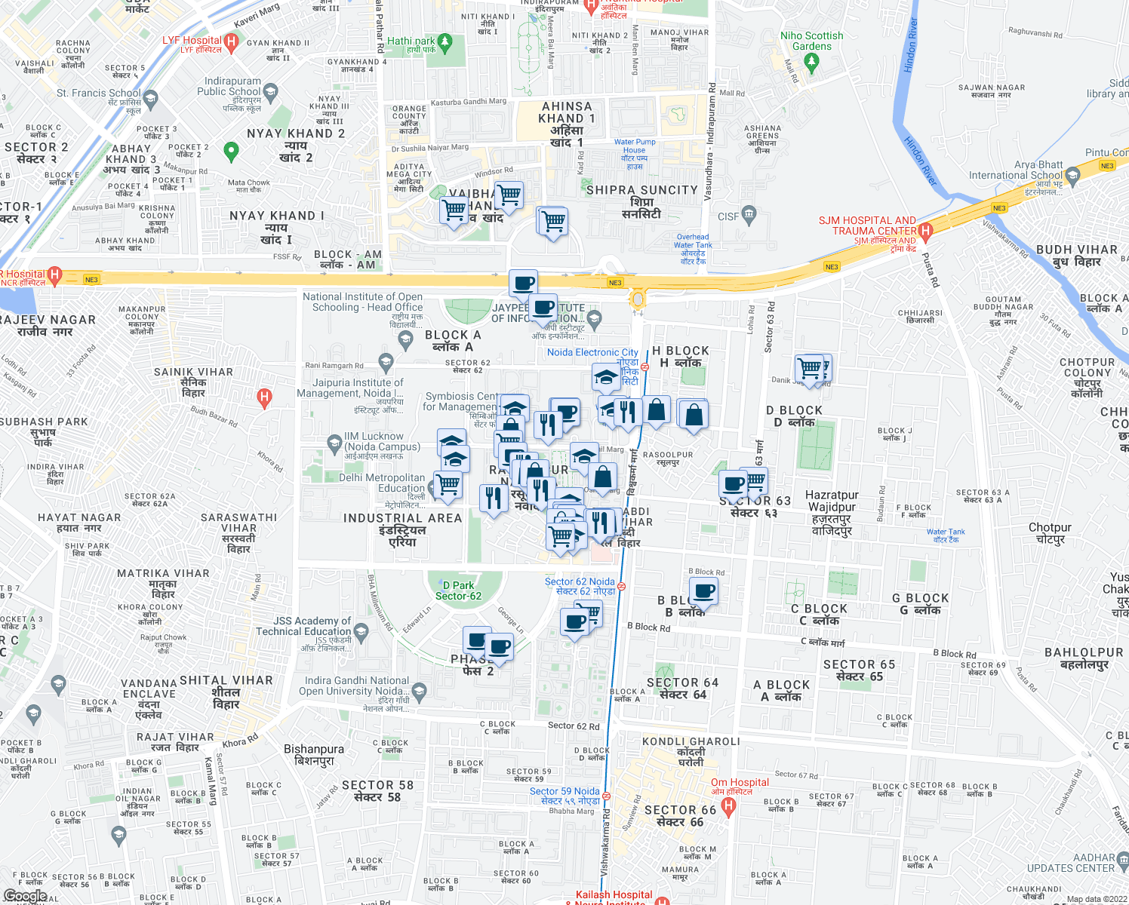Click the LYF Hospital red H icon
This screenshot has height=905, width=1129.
[232, 42]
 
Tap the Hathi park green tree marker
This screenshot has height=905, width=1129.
[445, 42]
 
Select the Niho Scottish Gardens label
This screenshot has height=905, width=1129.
[812, 41]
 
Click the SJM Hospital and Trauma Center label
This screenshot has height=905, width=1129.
[868, 225]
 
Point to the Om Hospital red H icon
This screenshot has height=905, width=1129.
[728, 806]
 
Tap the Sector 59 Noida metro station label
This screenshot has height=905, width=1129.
[564, 796]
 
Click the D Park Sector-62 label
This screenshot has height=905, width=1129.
[458, 591]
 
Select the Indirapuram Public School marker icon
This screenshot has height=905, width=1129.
[271, 92]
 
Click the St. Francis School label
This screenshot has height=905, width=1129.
[99, 94]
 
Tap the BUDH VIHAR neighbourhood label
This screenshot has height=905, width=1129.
[1077, 255]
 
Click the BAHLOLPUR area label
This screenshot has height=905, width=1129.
[1084, 658]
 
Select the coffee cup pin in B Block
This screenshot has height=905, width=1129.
[703, 592]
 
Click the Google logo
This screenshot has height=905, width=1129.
[25, 896]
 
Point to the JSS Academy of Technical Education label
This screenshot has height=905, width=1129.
[303, 626]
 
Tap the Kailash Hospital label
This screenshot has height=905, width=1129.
[614, 895]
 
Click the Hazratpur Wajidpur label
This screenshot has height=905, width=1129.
[832, 513]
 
